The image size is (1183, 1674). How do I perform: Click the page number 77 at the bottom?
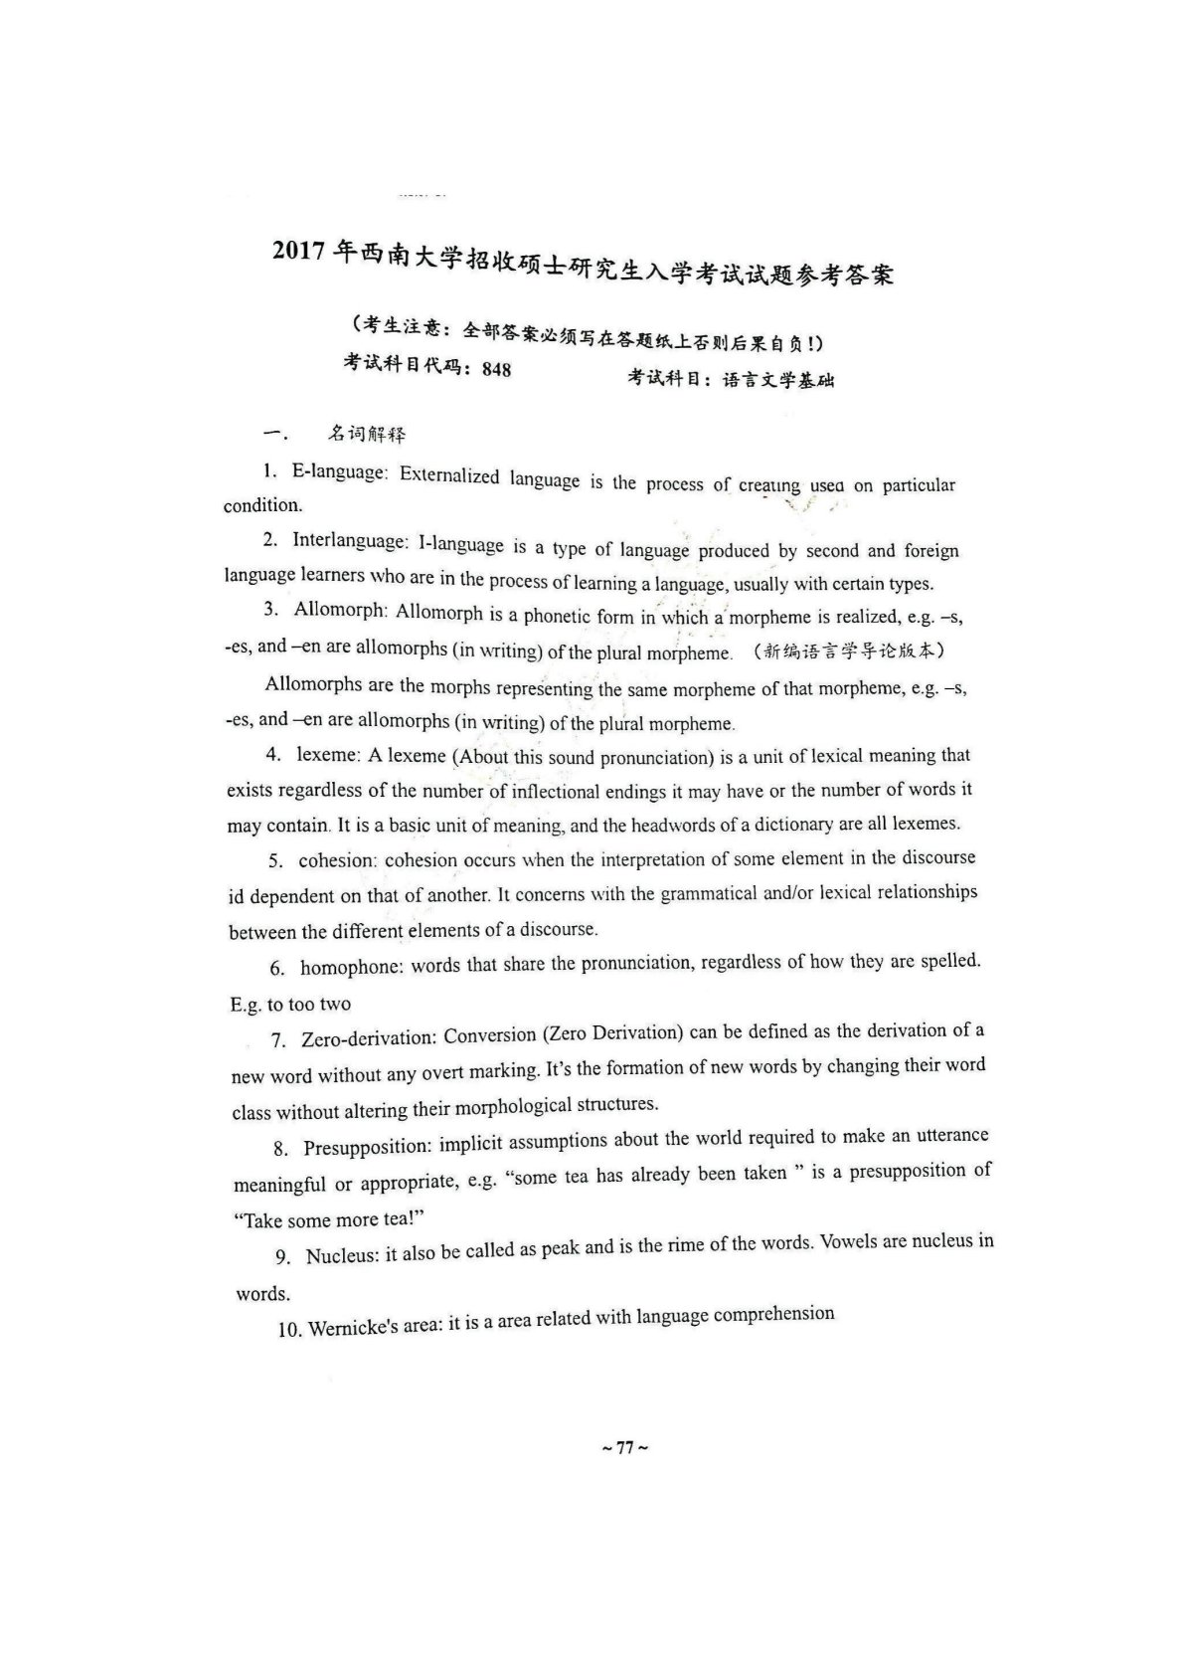[x=625, y=1448]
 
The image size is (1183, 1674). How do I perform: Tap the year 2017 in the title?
[x=299, y=251]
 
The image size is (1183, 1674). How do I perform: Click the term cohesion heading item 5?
[x=336, y=861]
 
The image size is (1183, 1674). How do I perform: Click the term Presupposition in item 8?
[x=366, y=1148]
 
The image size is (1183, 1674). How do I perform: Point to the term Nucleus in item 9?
[x=342, y=1256]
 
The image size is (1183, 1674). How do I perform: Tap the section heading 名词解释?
[x=367, y=434]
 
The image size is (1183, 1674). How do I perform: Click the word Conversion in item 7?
[x=489, y=1035]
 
